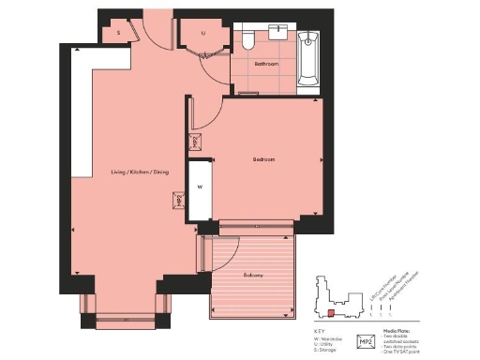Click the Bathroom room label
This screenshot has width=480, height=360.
coord(266,65)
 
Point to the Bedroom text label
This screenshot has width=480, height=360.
coord(263,159)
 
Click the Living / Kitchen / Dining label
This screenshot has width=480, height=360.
coord(140,172)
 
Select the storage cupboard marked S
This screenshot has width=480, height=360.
coord(118,32)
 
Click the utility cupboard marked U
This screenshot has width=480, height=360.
coord(203,32)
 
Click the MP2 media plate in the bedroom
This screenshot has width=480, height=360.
coord(196,142)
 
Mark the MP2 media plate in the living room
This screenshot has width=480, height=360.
coord(178,201)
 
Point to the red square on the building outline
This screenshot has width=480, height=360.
coord(331,313)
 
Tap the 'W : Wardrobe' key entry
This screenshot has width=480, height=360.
coord(330,338)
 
